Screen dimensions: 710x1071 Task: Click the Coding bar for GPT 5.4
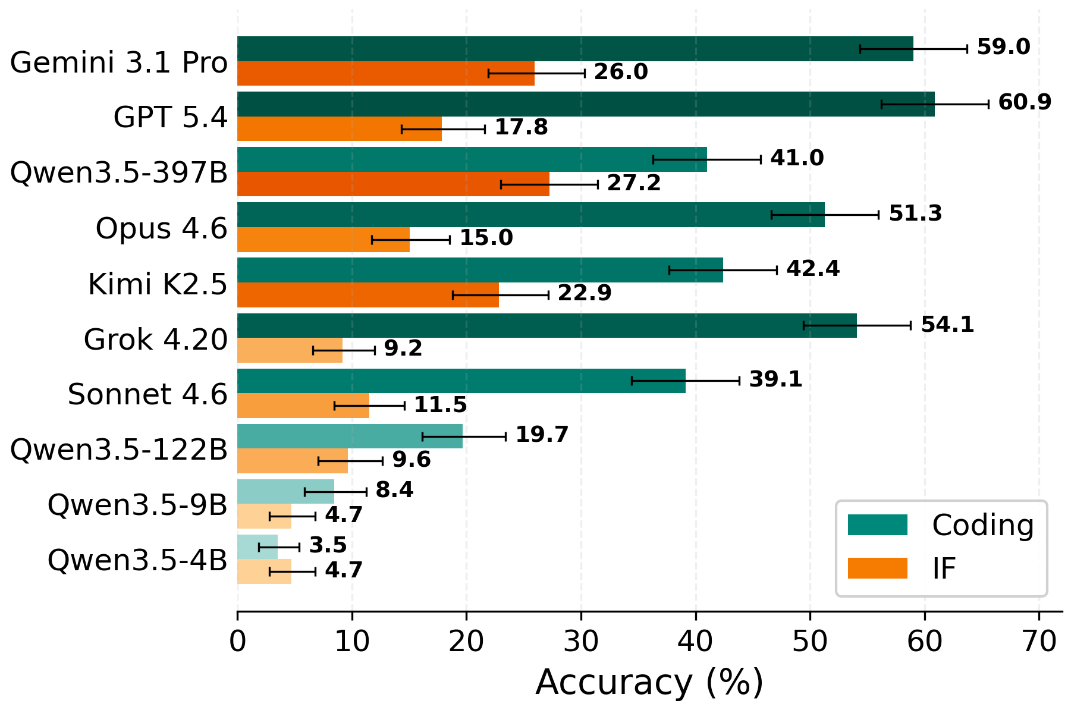coord(586,104)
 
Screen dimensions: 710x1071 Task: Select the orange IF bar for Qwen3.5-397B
coord(393,184)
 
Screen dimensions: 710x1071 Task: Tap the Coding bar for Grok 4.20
coord(547,325)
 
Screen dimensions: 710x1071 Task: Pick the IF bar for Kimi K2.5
coord(368,295)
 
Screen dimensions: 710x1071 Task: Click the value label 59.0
coord(1003,48)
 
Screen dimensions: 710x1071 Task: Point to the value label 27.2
coord(633,183)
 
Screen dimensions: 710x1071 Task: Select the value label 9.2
coord(403,348)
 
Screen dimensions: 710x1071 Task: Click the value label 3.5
coord(328,545)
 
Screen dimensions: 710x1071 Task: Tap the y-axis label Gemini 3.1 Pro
coord(119,62)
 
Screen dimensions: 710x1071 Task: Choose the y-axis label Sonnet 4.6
coord(147,394)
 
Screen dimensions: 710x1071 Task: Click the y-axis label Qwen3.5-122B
coord(119,450)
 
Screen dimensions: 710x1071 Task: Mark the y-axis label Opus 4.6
coord(161,228)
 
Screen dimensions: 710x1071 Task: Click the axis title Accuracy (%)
coord(649,683)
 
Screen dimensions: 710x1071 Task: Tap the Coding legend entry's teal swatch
coord(877,525)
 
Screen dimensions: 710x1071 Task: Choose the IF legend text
coord(944,569)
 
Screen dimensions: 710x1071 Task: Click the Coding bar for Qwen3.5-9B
coord(285,492)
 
